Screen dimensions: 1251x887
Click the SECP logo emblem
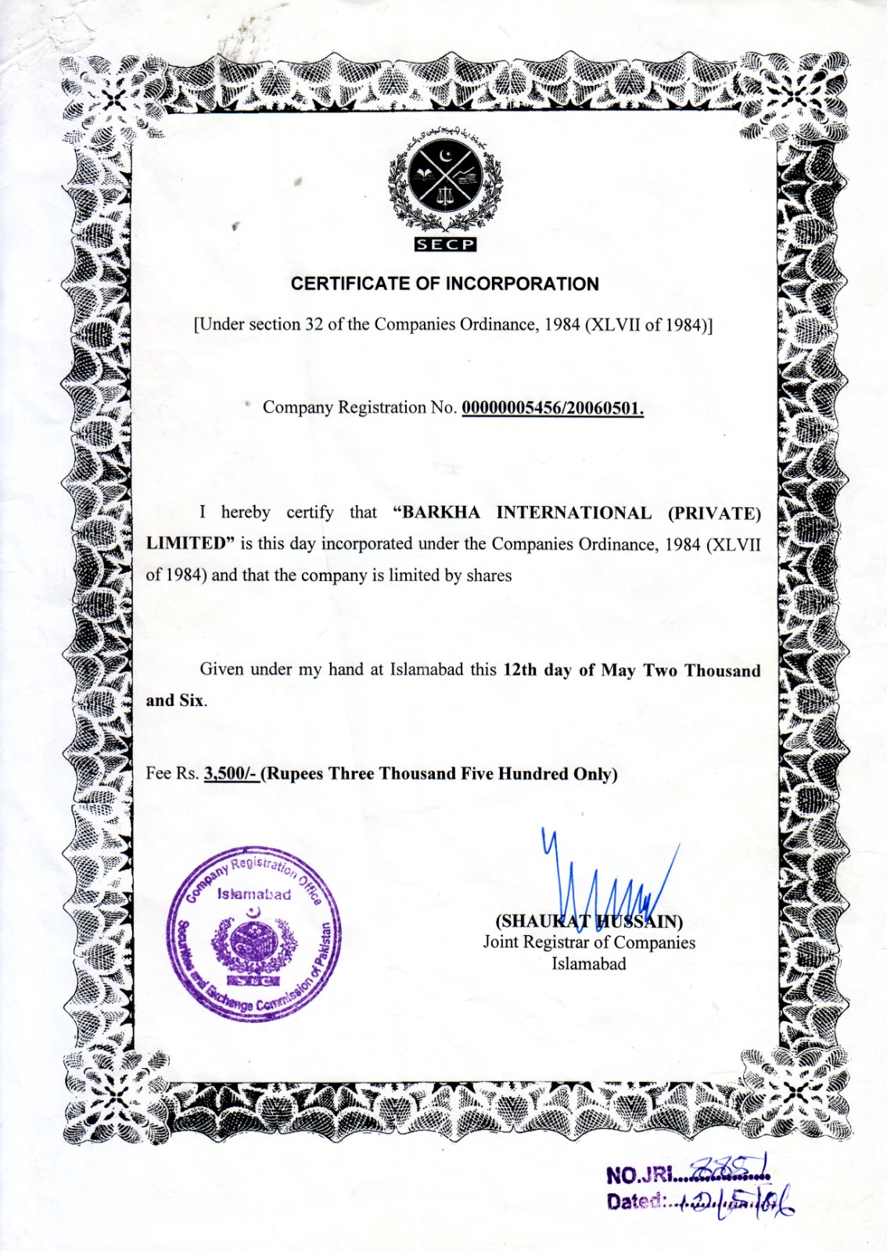445,181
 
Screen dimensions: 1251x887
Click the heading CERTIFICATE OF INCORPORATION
444,284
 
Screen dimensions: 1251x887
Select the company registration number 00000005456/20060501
552,408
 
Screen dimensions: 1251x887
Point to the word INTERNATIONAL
573,513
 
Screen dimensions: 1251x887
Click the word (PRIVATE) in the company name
713,514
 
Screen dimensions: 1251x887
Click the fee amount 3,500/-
230,774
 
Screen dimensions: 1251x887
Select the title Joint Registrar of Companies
588,942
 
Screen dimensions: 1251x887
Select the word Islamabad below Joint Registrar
588,963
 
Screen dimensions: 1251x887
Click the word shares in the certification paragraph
489,575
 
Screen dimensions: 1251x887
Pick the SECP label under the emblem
444,245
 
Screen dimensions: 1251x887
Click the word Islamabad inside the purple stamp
254,894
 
